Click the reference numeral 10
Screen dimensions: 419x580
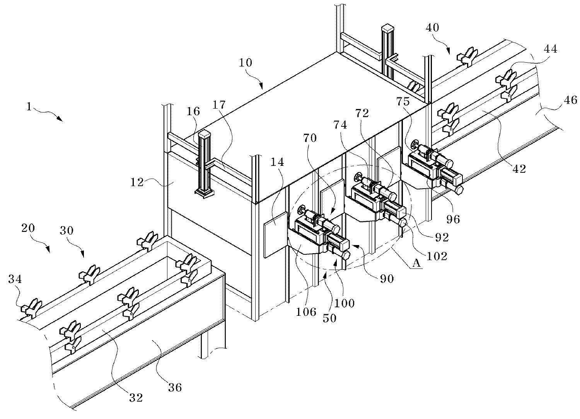[246, 63]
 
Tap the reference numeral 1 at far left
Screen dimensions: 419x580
[29, 107]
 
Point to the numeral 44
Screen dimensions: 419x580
[551, 49]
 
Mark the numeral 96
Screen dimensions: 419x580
[452, 219]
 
